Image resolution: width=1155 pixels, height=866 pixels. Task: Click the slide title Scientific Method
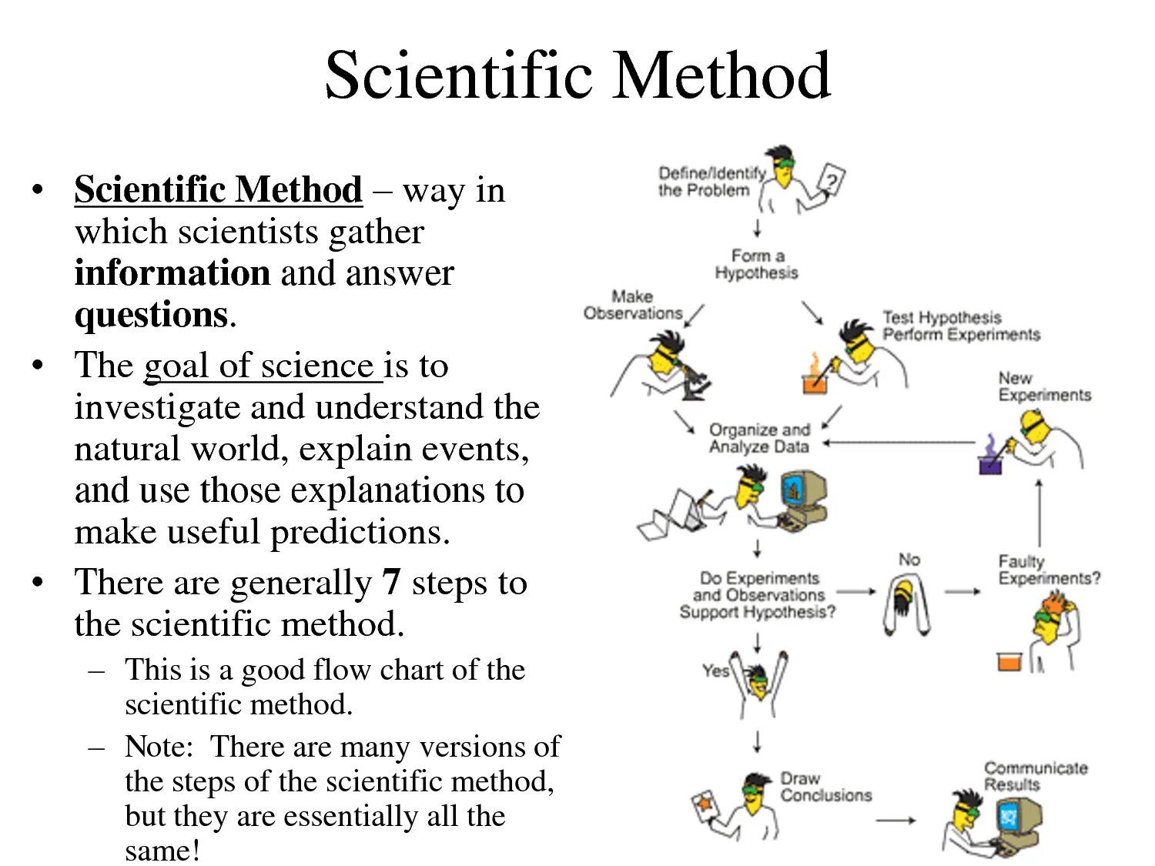tap(577, 75)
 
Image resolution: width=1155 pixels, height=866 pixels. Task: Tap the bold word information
tap(172, 273)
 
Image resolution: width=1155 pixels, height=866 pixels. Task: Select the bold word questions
tap(151, 315)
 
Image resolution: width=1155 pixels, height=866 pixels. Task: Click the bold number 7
tap(391, 582)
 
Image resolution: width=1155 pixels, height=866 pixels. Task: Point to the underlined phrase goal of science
tap(262, 366)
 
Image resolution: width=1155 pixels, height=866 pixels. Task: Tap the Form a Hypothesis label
tap(756, 264)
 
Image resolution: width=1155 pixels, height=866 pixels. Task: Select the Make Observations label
tap(633, 305)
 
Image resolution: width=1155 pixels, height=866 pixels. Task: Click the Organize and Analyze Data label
tap(759, 438)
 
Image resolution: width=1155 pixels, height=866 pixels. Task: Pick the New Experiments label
tap(1044, 386)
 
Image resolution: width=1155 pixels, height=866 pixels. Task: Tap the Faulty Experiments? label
tap(1049, 570)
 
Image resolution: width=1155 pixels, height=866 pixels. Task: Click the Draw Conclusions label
tap(825, 787)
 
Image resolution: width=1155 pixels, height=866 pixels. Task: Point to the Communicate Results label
tap(1035, 776)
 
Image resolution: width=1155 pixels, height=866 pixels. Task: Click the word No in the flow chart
tap(909, 560)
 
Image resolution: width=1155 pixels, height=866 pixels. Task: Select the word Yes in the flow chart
tap(715, 670)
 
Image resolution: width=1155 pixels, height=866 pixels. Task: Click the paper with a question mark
tap(831, 181)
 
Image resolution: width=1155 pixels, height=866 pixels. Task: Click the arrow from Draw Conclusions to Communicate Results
tap(896, 821)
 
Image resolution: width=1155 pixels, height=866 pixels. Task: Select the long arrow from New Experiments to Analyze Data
tap(899, 443)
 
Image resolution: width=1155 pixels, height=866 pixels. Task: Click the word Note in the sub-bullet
tap(157, 747)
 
